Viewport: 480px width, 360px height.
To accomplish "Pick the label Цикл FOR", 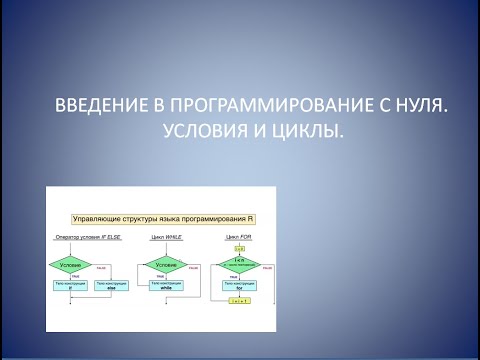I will click(236, 238).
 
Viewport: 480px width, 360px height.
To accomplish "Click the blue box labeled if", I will click(69, 285).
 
